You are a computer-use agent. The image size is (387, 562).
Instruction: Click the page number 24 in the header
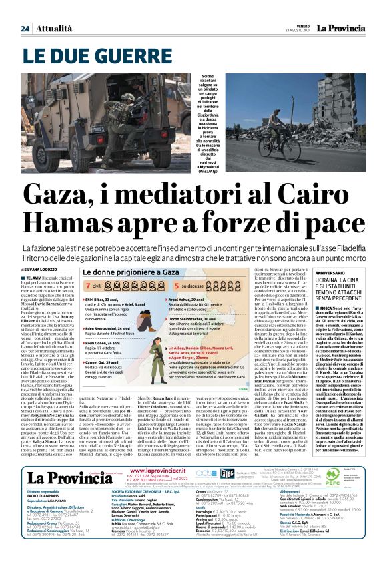click(25, 28)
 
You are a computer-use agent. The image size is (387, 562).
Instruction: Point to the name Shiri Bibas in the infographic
click(96, 300)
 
